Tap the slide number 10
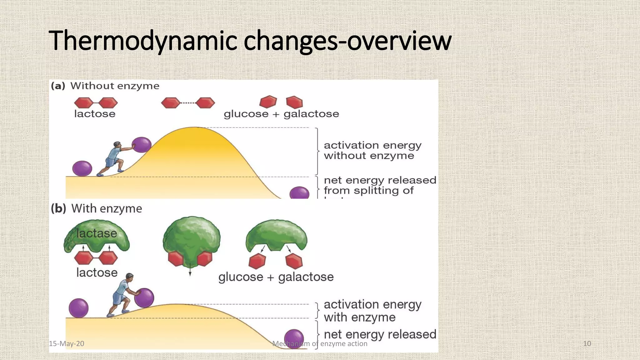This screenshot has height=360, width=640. [587, 344]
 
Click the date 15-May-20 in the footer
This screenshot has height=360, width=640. [67, 344]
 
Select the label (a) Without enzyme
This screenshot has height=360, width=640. [105, 86]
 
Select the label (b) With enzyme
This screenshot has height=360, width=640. [97, 208]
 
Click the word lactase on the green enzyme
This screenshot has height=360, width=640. [97, 233]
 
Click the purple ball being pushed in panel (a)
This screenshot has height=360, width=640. [142, 145]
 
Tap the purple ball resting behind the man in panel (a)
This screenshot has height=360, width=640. [82, 168]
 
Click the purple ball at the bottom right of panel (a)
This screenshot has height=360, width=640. [299, 193]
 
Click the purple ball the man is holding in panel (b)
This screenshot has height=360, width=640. [144, 298]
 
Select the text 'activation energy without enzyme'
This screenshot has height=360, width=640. [372, 151]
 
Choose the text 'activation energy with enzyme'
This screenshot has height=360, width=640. [372, 311]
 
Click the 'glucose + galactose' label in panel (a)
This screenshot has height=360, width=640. [281, 114]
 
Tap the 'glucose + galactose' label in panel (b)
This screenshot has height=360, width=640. [276, 277]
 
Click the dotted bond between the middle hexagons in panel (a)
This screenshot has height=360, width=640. [188, 103]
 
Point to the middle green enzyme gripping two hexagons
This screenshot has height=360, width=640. [192, 239]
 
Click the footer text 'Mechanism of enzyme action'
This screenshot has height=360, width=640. [320, 344]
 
